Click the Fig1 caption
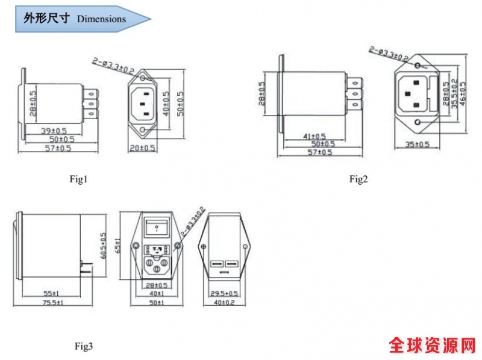pos(79,179)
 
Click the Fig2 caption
pos(358,179)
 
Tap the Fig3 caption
pos(84,346)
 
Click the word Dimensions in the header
pos(101,19)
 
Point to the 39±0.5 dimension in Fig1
pos(54,132)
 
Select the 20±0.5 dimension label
pos(143,147)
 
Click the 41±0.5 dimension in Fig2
pos(313,137)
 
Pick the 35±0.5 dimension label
pos(416,144)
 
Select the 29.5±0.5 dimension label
pos(225,293)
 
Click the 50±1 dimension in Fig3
pos(156,302)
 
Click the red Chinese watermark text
pos(431,345)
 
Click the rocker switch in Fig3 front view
pos(156,228)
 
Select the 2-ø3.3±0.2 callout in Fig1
pos(113,65)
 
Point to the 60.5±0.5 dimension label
pos(103,246)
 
